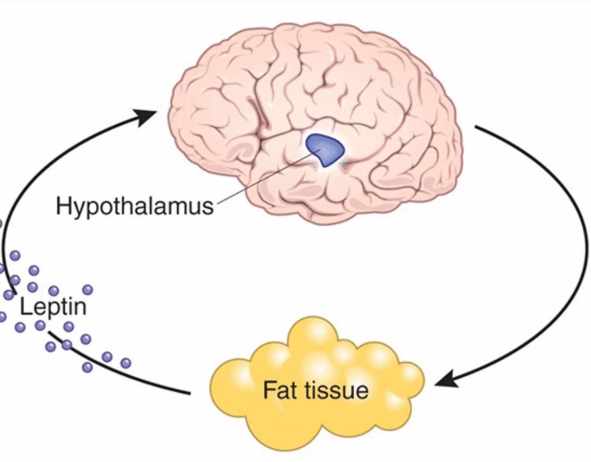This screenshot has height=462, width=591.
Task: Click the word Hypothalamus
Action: [x=134, y=206]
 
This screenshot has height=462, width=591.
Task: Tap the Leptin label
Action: [x=53, y=306]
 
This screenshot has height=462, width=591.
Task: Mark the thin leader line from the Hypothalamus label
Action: [x=260, y=179]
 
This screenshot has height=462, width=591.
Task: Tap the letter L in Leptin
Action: [x=25, y=306]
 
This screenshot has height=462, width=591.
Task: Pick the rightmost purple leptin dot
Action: [x=125, y=363]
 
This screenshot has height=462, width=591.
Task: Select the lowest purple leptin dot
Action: [x=87, y=367]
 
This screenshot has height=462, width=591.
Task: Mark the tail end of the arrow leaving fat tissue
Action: [x=189, y=393]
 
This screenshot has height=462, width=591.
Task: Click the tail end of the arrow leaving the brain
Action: [x=476, y=127]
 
